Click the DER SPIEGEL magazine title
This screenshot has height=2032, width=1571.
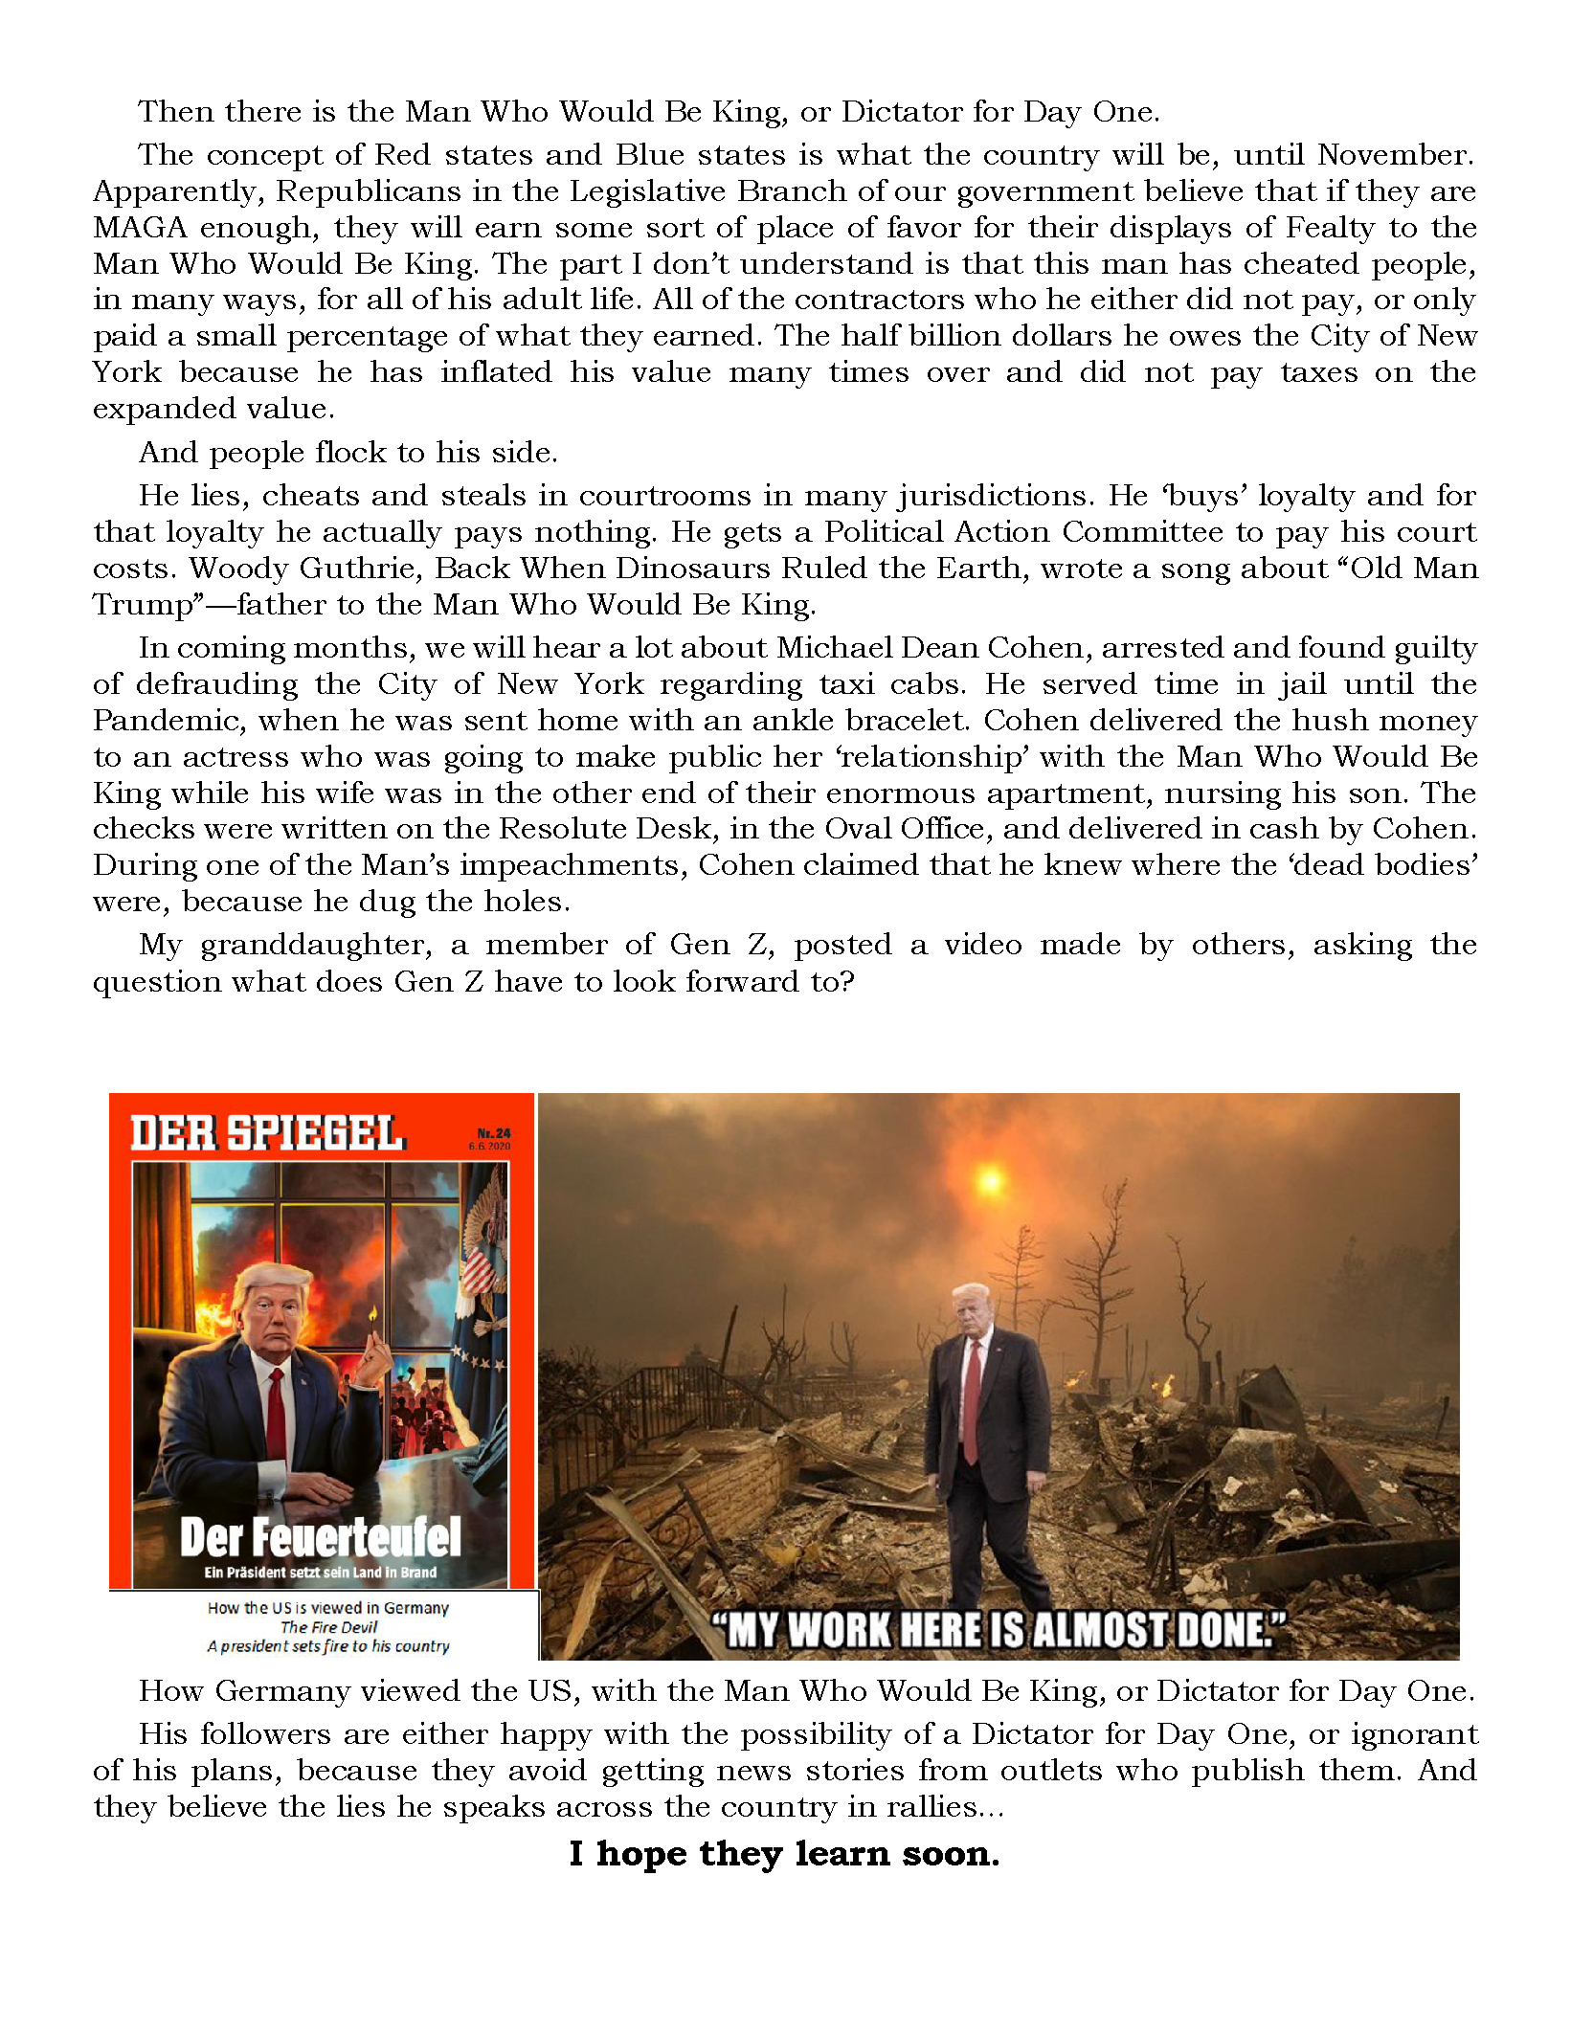[268, 1133]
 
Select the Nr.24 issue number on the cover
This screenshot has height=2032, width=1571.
[494, 1133]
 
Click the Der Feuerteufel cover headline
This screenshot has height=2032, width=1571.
[320, 1538]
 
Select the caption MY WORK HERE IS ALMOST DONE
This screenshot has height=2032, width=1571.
[999, 1630]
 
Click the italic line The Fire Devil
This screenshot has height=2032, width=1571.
[328, 1627]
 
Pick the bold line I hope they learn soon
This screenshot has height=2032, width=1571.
[784, 1854]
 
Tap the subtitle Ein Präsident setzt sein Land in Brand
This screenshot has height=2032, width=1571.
[320, 1573]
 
